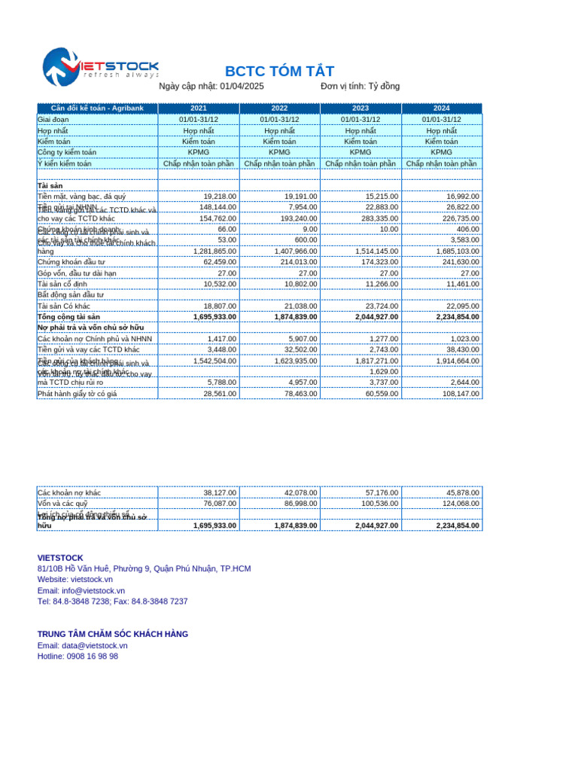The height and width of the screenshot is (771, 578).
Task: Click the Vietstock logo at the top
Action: pyautogui.click(x=100, y=66)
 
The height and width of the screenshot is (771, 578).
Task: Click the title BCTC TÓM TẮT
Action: pyautogui.click(x=279, y=72)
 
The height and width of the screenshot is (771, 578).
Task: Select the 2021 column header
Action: pyautogui.click(x=199, y=108)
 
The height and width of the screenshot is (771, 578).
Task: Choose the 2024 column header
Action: pyautogui.click(x=441, y=108)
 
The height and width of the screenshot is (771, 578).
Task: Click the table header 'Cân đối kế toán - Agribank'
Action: pyautogui.click(x=97, y=108)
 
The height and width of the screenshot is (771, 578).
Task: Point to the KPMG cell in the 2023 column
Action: pyautogui.click(x=360, y=152)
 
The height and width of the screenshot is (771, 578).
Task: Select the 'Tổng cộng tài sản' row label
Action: pyautogui.click(x=68, y=317)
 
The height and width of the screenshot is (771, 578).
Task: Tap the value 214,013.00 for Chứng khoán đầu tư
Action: pyautogui.click(x=296, y=262)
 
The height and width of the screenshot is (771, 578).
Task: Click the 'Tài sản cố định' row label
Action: pyautogui.click(x=62, y=284)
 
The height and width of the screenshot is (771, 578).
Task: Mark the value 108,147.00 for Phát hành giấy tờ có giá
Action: pyautogui.click(x=458, y=394)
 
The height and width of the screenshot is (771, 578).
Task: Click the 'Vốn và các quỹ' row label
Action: pyautogui.click(x=62, y=504)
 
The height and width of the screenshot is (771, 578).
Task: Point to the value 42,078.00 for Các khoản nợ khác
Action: pyautogui.click(x=300, y=493)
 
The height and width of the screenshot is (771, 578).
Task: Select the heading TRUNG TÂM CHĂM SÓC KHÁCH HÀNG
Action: pyautogui.click(x=113, y=635)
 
